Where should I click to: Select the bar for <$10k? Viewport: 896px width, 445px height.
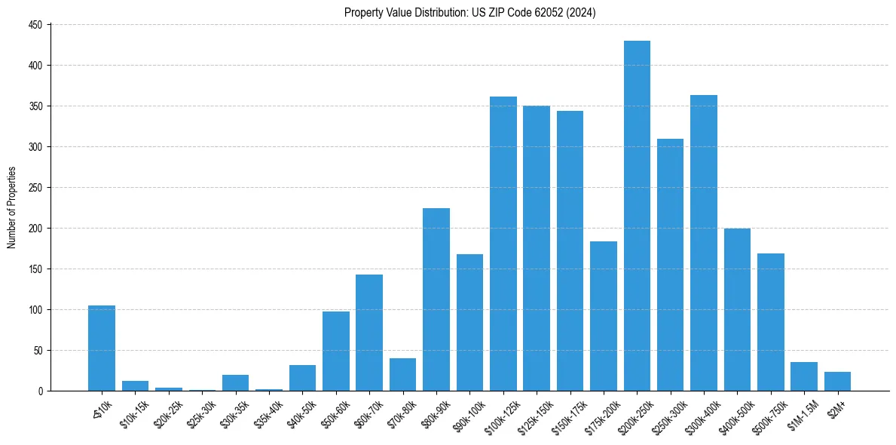click(102, 348)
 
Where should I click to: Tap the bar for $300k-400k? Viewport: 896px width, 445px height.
click(704, 243)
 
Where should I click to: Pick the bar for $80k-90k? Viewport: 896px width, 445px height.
click(436, 299)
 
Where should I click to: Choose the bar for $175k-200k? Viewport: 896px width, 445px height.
click(604, 316)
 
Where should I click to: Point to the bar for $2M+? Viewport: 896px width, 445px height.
click(837, 382)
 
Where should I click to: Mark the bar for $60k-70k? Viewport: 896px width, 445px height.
click(369, 333)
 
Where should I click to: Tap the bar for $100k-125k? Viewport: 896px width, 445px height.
click(503, 244)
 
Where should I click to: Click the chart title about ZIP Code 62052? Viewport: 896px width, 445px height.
click(470, 12)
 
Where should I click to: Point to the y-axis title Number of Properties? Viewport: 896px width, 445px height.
click(11, 207)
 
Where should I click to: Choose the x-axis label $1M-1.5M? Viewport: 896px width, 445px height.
click(800, 411)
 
